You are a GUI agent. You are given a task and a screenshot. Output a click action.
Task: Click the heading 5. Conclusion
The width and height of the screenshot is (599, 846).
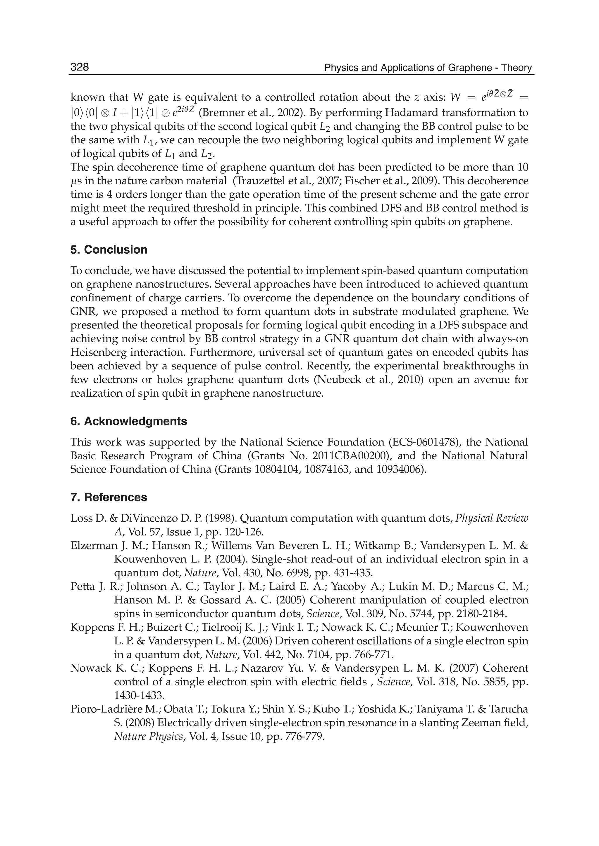click(109, 250)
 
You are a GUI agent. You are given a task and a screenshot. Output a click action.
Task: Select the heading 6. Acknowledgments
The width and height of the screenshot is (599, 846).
click(129, 421)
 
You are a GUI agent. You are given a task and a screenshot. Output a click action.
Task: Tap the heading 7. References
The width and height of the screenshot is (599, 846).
click(109, 497)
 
